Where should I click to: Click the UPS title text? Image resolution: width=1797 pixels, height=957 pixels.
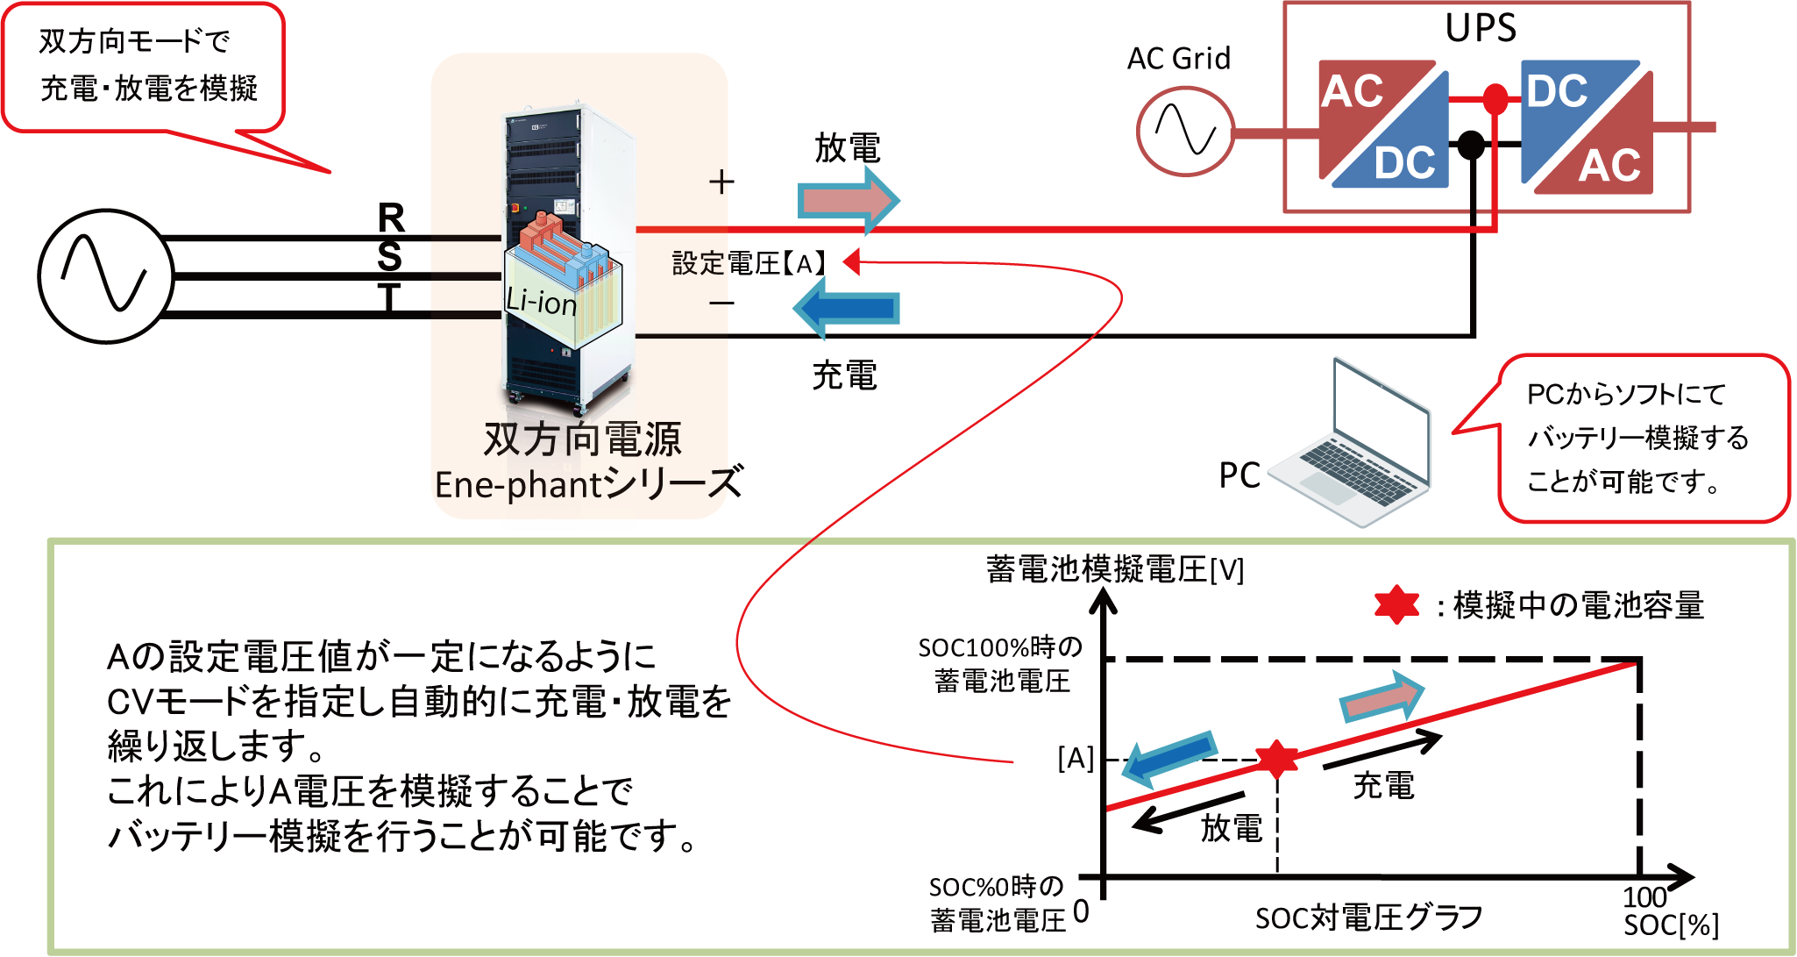pos(1481,28)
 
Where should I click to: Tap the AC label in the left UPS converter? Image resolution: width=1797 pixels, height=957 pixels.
pos(1353,91)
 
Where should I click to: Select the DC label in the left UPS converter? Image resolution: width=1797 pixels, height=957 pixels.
pos(1404,163)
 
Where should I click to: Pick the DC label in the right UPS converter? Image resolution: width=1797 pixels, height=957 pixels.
pos(1557,91)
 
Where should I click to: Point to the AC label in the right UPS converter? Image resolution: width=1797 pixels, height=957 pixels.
pos(1609,166)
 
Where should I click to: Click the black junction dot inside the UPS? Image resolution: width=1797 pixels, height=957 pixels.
pos(1471,143)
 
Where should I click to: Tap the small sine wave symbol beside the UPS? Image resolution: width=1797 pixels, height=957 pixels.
pos(1185,130)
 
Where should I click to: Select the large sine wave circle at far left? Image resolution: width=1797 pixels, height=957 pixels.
pos(106,275)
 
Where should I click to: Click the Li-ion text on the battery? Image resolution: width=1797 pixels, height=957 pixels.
pos(541,302)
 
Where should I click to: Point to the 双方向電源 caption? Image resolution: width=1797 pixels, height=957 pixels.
pos(583,439)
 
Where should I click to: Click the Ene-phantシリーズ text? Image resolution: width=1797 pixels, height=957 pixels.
pos(583,484)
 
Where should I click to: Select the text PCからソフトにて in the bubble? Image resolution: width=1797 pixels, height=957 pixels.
pos(1626,395)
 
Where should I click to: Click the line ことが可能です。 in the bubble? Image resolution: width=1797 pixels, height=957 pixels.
pos(1623,482)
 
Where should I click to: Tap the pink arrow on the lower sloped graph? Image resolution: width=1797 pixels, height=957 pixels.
pos(1381,698)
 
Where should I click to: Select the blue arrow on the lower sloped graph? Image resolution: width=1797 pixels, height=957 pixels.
pos(1169,757)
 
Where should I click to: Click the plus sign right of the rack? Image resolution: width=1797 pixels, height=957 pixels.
pos(720,182)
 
